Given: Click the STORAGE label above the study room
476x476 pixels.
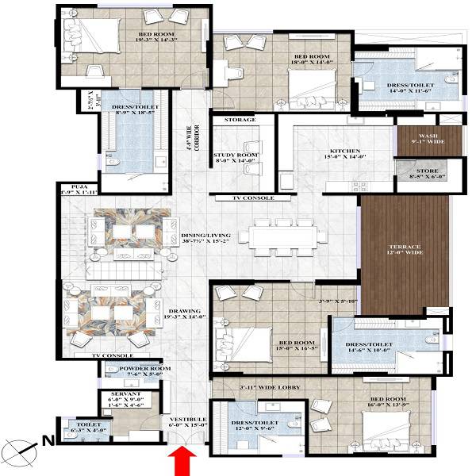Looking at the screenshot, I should [x=240, y=120].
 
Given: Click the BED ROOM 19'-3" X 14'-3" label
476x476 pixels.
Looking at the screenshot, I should [x=159, y=36].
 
